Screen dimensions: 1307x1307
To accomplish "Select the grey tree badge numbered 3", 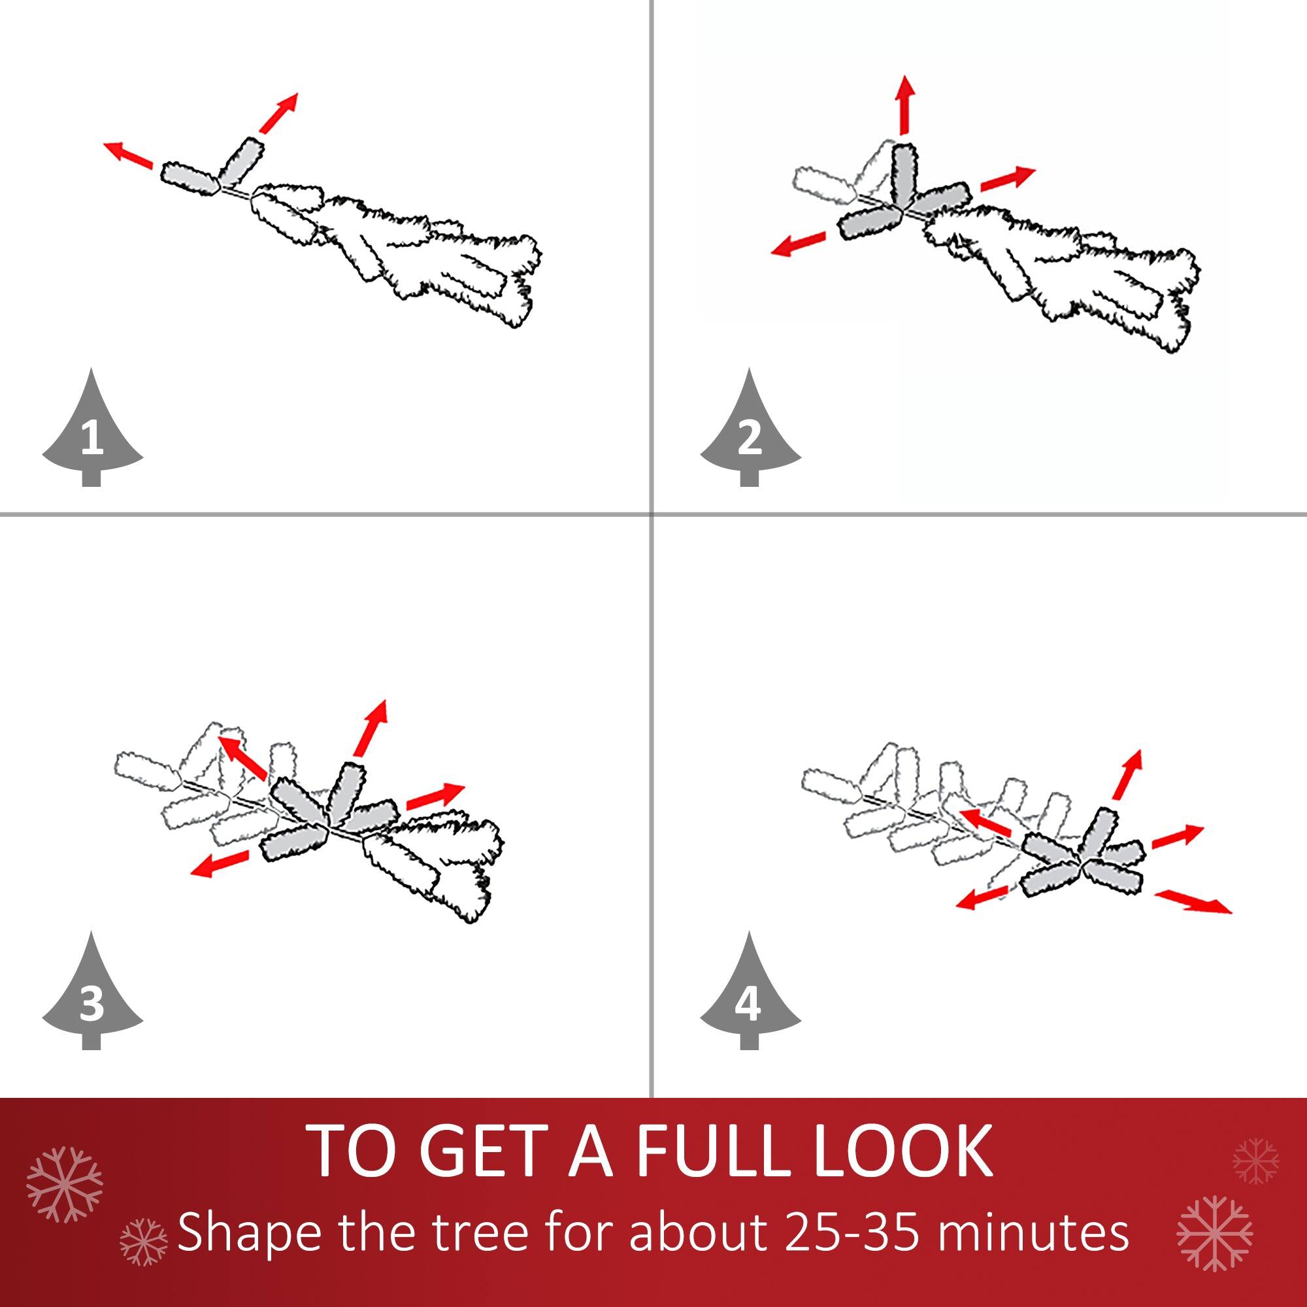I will [92, 997].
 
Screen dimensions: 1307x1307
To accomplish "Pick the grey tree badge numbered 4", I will [749, 997].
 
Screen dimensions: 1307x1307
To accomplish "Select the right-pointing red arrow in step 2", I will [1007, 179].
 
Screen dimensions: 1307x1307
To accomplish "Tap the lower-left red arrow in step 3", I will [219, 864].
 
